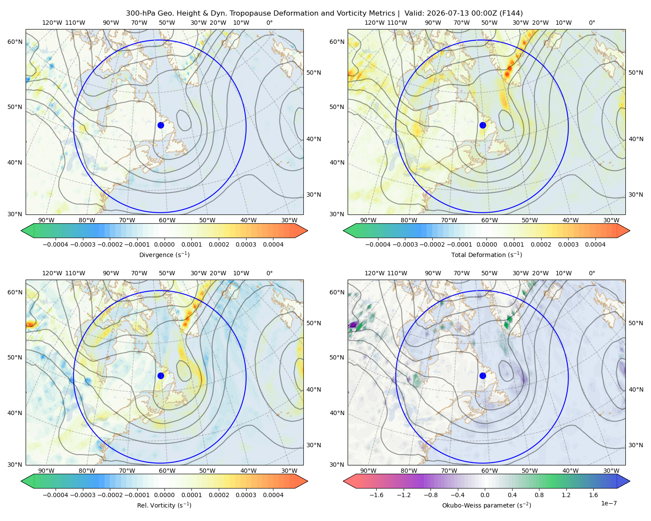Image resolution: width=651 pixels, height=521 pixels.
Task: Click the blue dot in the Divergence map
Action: tap(161, 125)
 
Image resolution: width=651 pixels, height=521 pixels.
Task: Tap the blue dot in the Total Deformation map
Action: tap(483, 125)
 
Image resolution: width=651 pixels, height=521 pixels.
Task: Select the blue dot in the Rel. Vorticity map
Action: tap(161, 376)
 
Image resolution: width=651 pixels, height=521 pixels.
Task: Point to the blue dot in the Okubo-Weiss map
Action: tap(483, 376)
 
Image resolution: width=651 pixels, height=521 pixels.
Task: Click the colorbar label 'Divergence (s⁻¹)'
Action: tap(164, 254)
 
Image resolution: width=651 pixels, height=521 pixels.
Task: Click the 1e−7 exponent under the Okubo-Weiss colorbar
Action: tap(608, 503)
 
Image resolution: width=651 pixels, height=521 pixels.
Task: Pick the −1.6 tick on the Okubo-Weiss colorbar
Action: tap(376, 495)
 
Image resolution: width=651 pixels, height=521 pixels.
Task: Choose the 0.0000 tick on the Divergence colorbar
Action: tap(164, 244)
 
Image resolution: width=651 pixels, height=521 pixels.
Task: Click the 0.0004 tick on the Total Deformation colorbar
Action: tap(595, 244)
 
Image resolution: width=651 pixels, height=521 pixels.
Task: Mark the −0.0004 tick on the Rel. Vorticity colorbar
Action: tap(56, 495)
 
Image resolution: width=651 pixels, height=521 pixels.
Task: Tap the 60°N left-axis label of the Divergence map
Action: tap(15, 42)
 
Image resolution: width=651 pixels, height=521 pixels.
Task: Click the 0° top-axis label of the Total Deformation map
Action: tap(592, 23)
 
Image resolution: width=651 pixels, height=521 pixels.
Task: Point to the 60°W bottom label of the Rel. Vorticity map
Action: tap(167, 471)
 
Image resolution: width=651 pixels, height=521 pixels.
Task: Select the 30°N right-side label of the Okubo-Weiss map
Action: tap(635, 445)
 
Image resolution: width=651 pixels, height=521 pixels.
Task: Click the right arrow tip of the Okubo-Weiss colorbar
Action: tap(630, 481)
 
